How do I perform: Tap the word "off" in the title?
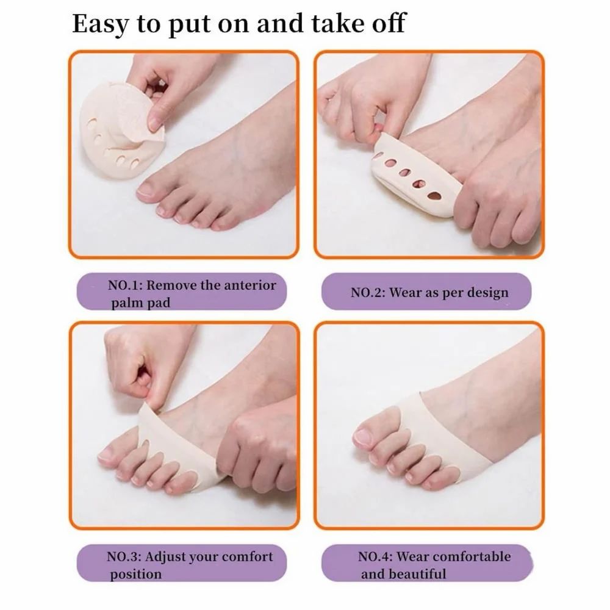pos(386,23)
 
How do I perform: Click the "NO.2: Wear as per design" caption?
pos(429,292)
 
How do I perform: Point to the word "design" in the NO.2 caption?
pos(488,293)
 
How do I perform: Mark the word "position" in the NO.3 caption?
pos(136,574)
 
